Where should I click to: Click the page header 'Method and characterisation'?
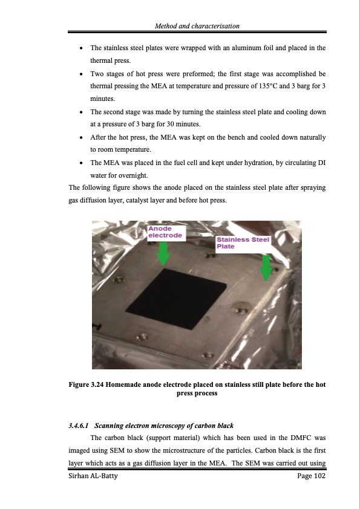pyautogui.click(x=197, y=26)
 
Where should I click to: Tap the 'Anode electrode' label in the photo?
pyautogui.click(x=165, y=232)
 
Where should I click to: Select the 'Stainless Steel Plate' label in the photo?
pyautogui.click(x=243, y=243)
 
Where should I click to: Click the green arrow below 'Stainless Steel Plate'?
pyautogui.click(x=265, y=267)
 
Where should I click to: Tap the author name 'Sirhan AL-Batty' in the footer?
pyautogui.click(x=93, y=477)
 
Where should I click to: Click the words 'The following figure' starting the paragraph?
pyautogui.click(x=95, y=188)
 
